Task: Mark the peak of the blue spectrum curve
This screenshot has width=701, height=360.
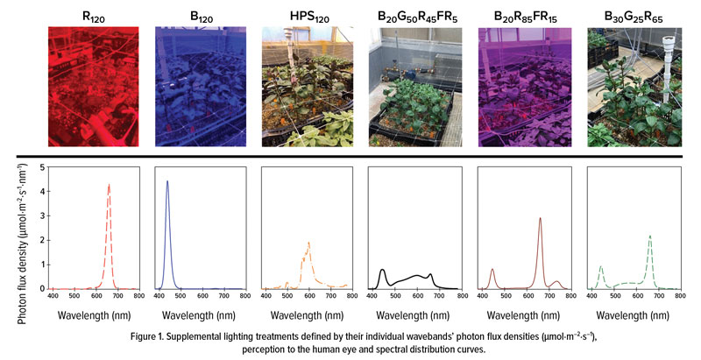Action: pos(167,181)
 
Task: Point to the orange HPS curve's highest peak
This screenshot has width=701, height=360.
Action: pos(308,243)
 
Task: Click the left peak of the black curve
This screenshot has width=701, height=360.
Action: pos(383,270)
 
